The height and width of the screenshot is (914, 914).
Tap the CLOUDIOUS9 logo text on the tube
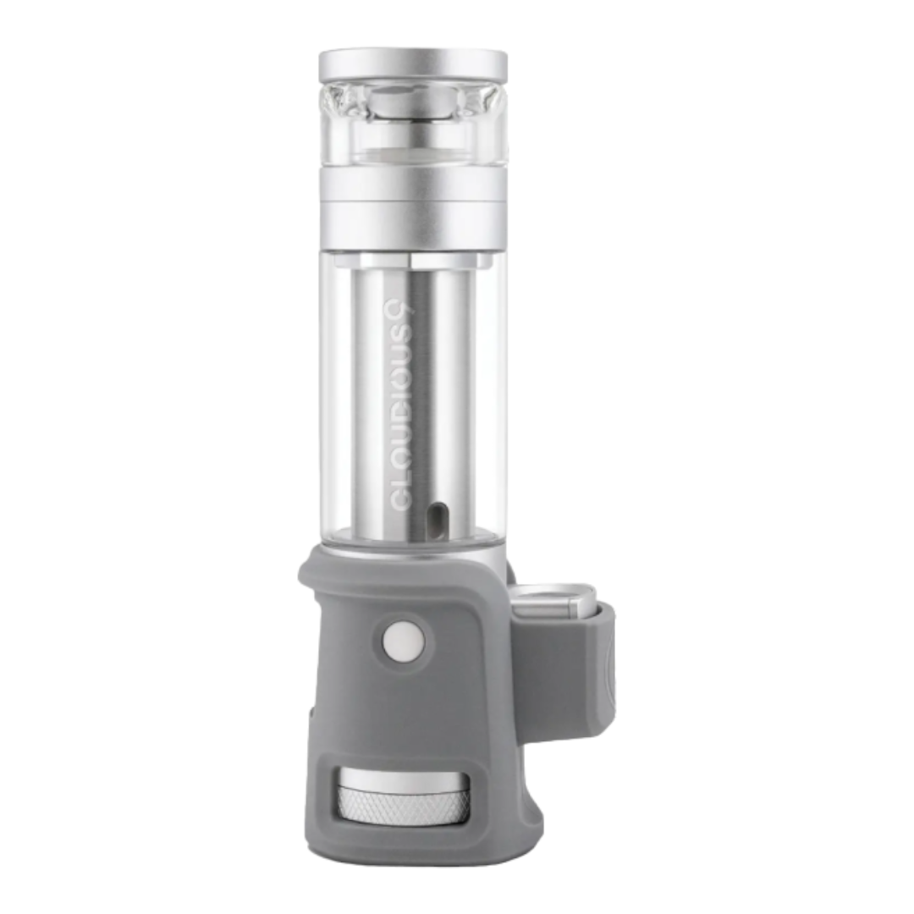[x=402, y=405]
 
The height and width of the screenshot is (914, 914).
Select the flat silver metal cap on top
[x=413, y=66]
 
